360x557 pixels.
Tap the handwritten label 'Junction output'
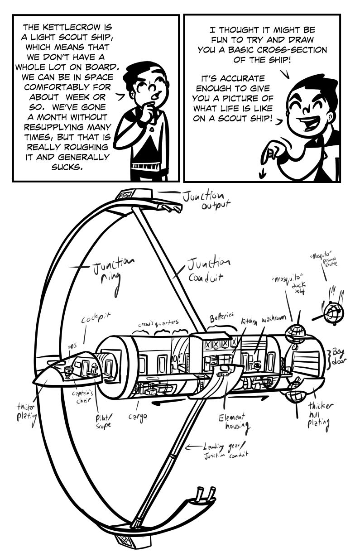(204, 200)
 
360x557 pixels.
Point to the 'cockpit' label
(96, 319)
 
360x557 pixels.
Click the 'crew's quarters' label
(158, 324)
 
